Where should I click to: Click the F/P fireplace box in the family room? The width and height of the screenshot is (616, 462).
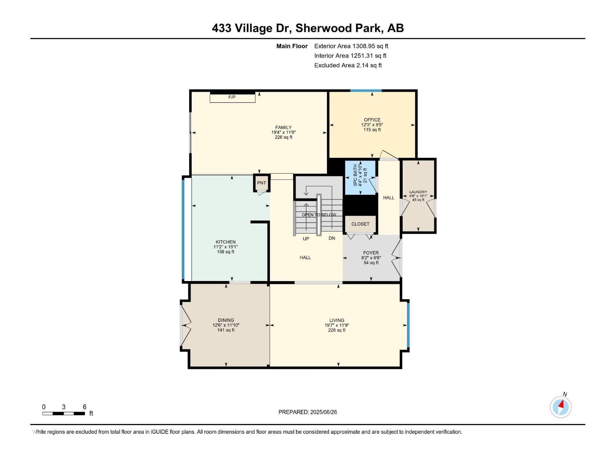point(232,97)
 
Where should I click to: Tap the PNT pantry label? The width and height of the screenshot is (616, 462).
point(261,183)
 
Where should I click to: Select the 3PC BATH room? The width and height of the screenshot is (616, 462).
point(360,177)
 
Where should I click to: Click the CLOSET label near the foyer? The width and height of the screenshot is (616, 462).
point(360,224)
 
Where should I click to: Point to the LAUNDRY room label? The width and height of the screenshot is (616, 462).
point(418,192)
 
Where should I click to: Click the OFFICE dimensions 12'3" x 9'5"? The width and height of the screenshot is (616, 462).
point(372,125)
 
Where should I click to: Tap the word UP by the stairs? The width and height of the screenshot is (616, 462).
point(306,239)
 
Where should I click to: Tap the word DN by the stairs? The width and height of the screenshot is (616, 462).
point(332,238)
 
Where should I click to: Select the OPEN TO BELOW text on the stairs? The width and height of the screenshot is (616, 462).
point(319,215)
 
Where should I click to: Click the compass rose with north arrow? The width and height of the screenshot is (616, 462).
point(561,407)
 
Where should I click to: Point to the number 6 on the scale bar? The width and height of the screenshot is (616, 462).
point(85,407)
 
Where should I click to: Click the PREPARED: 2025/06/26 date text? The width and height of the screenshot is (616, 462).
point(308,412)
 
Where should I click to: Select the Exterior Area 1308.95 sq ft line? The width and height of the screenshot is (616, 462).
point(351,46)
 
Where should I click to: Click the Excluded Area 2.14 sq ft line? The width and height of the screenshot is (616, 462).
point(348,65)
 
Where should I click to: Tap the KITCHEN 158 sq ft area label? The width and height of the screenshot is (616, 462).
point(226,252)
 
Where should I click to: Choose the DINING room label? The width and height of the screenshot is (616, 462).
point(226,320)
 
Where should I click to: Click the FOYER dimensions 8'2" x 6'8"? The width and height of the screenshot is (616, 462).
point(371,258)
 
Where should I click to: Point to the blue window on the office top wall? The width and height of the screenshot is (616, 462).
point(366,91)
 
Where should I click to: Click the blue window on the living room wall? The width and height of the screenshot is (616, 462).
point(408,325)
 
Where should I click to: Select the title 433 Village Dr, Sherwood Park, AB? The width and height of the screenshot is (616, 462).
point(308,28)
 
